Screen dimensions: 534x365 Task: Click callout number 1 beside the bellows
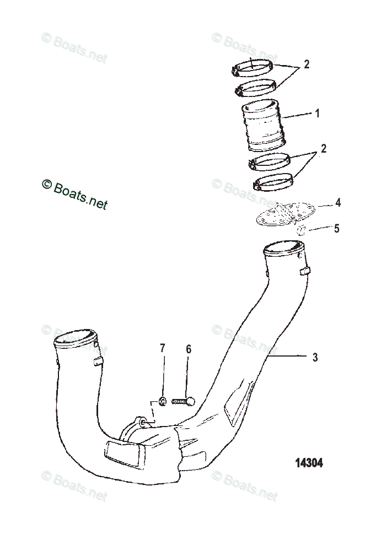tap(317, 114)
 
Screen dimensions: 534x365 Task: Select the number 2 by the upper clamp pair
tap(307, 64)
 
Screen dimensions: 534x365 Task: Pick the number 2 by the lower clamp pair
tap(324, 149)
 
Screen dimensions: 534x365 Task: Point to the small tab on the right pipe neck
tap(305, 271)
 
